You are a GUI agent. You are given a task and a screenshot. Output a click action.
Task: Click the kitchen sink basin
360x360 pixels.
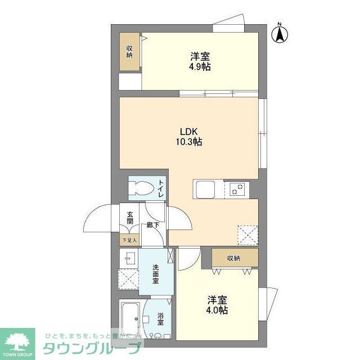(x=201, y=188)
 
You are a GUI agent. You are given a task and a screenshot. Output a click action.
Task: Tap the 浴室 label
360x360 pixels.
(x=160, y=318)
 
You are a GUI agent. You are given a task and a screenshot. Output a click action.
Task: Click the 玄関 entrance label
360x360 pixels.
(x=130, y=218)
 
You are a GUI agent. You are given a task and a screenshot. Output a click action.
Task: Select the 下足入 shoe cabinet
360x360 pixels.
(x=129, y=240)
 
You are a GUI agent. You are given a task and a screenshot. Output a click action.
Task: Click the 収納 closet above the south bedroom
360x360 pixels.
(x=233, y=258)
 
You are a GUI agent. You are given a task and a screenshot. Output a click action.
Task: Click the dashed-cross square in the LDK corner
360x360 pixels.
(x=247, y=233)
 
